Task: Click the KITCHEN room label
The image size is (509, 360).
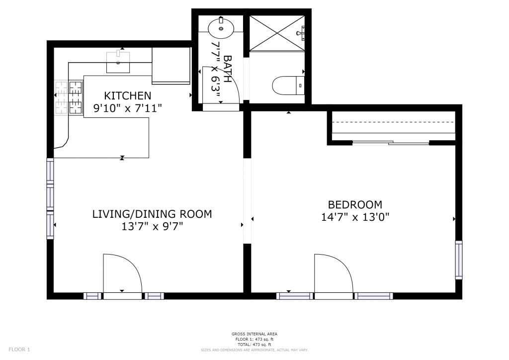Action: [x=128, y=96]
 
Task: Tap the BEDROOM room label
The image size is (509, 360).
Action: [x=355, y=205]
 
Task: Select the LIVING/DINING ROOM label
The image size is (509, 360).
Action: [x=152, y=214]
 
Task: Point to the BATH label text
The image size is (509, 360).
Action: [x=228, y=69]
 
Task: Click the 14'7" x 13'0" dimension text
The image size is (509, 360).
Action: [x=355, y=217]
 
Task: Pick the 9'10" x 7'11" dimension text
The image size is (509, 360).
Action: [x=128, y=108]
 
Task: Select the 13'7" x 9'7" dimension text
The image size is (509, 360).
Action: [x=152, y=226]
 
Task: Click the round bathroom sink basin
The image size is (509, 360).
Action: [x=221, y=28]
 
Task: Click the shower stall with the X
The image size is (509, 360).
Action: [x=277, y=33]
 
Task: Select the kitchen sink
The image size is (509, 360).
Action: [x=118, y=62]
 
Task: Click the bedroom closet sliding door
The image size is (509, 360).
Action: [x=391, y=142]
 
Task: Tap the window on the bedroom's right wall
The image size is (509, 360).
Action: [x=459, y=260]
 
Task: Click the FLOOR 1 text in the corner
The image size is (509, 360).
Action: [x=19, y=350]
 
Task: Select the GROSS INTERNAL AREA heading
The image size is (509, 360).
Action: [x=254, y=334]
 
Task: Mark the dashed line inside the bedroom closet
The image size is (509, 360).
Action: [x=393, y=122]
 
